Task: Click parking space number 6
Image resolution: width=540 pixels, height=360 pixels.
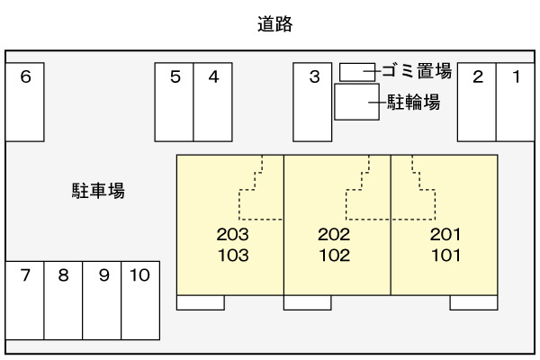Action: click(25, 101)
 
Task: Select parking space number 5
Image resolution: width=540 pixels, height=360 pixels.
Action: click(175, 101)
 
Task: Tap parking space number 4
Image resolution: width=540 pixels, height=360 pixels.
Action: click(213, 101)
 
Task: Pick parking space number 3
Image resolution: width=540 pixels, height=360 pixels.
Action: click(313, 101)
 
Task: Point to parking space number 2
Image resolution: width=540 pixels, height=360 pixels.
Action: click(478, 101)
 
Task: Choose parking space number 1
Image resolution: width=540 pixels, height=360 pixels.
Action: click(517, 101)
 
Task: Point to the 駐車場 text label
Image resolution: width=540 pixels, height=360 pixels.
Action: click(98, 191)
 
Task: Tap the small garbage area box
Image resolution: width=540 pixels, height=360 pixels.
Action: click(357, 72)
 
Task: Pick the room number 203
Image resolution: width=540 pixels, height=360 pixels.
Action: click(232, 235)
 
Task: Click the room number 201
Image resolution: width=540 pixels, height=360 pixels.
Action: click(445, 235)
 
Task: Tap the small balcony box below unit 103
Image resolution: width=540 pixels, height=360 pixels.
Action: click(200, 301)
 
